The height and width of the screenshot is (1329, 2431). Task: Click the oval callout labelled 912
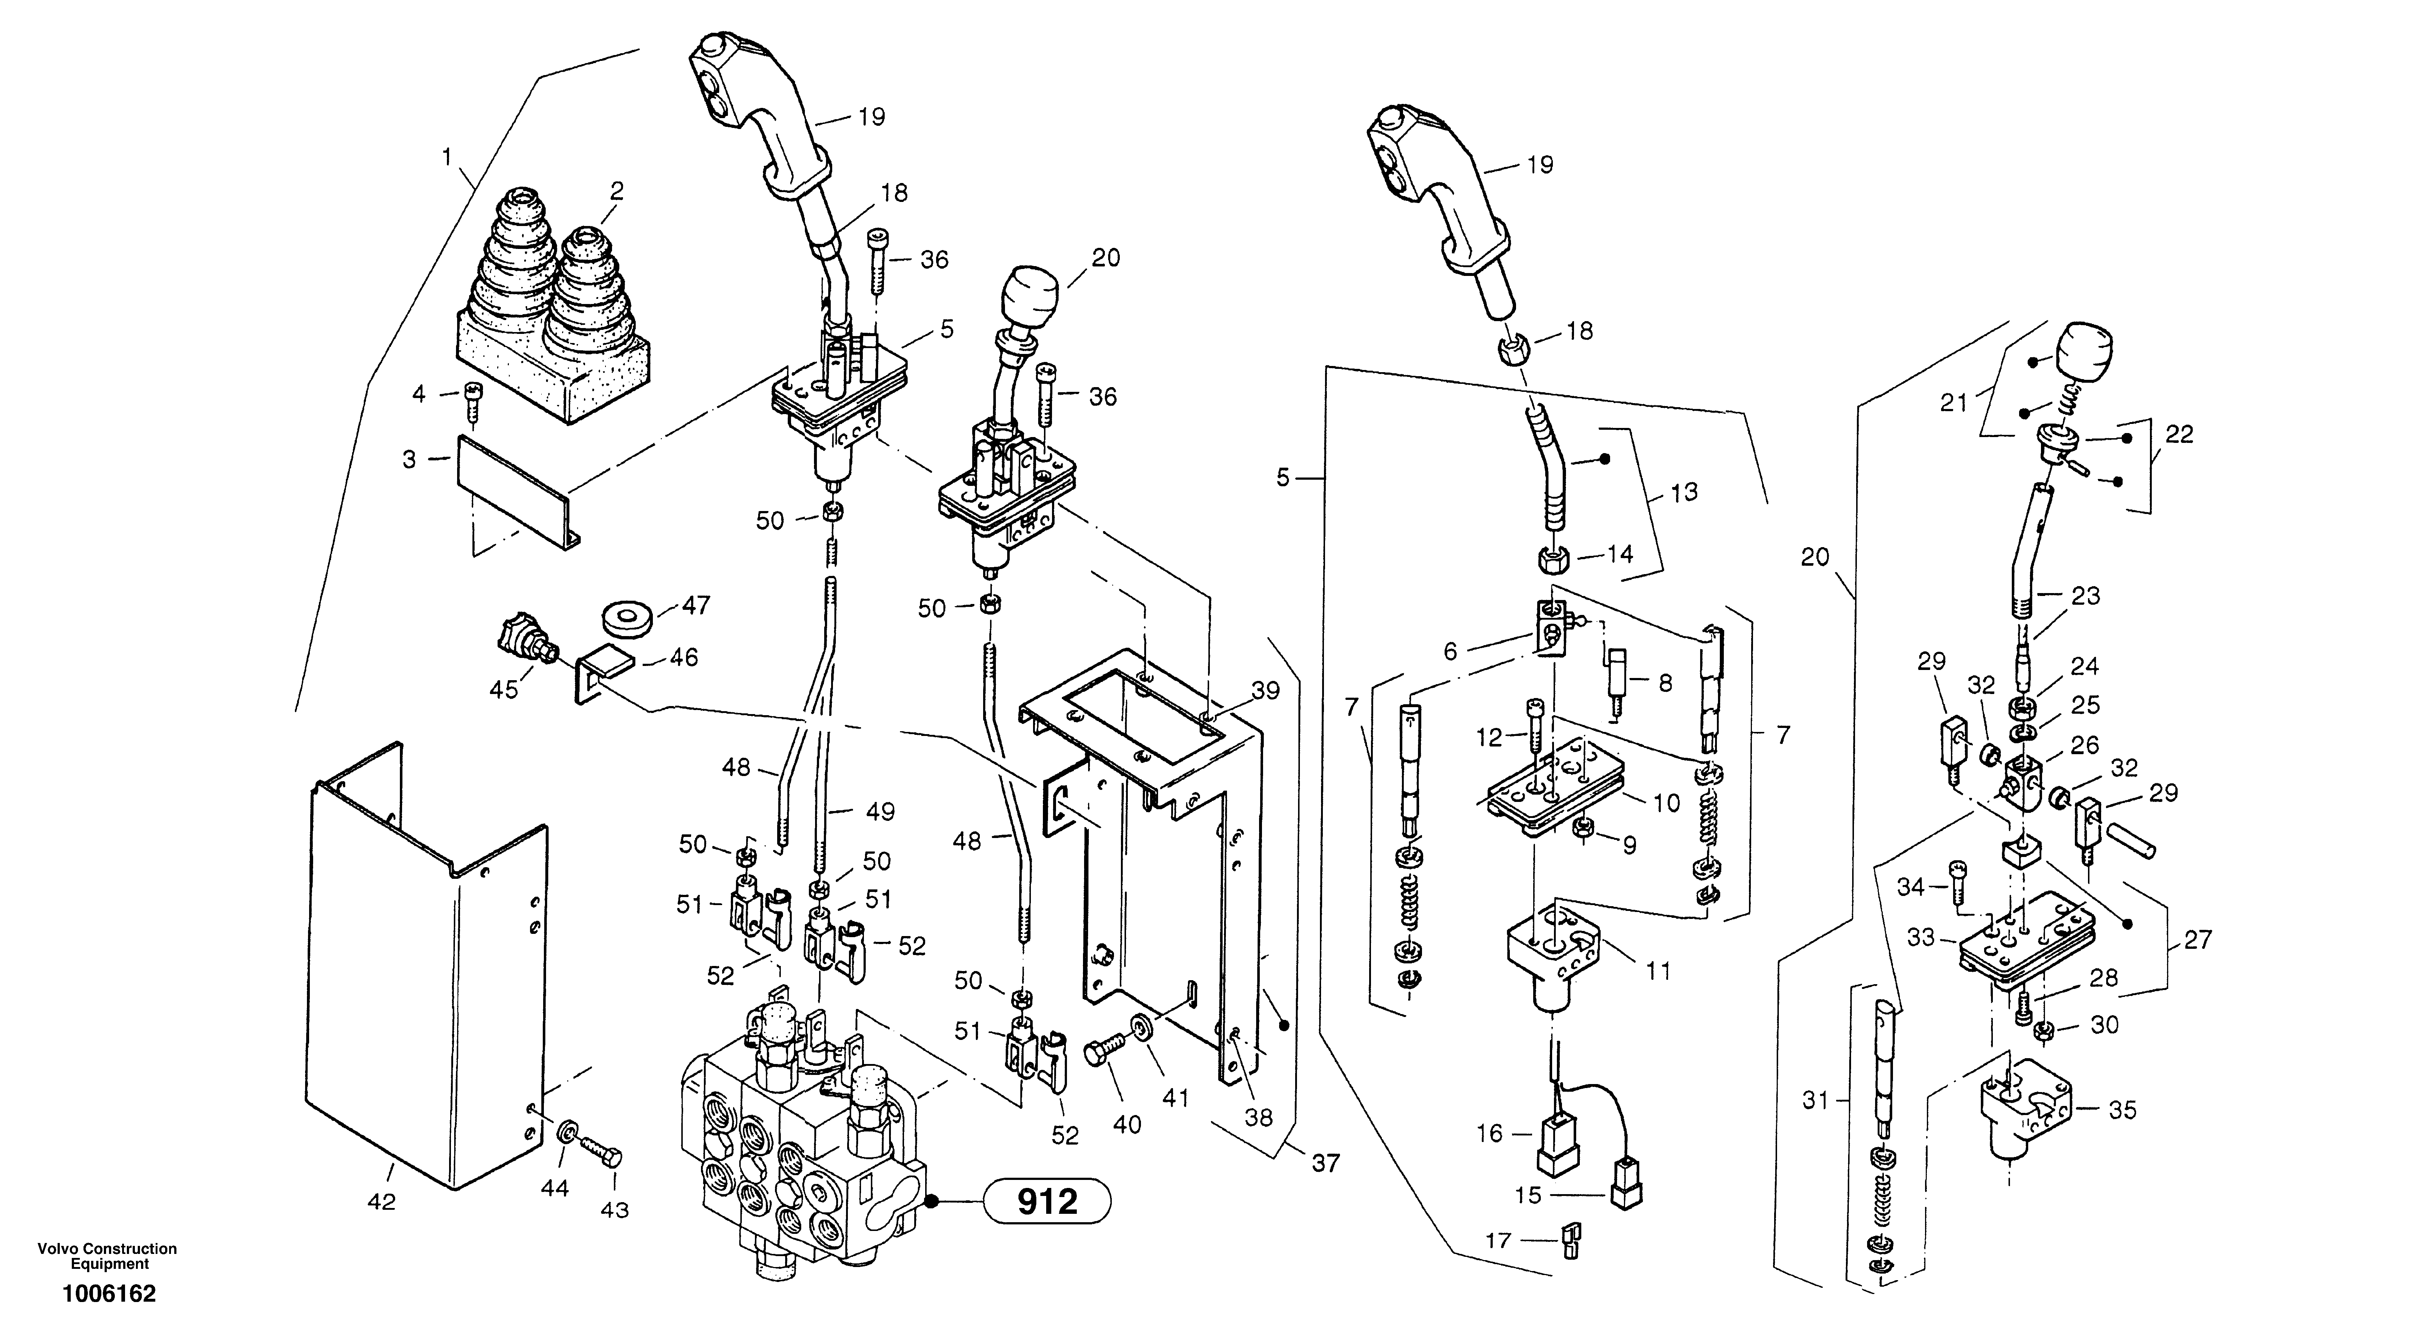coord(1048,1201)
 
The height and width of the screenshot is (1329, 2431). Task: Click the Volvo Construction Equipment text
coord(108,1256)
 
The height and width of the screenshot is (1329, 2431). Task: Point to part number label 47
coord(697,605)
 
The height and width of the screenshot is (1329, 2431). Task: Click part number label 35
coord(2122,1110)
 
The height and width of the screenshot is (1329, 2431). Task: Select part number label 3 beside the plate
coord(410,460)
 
